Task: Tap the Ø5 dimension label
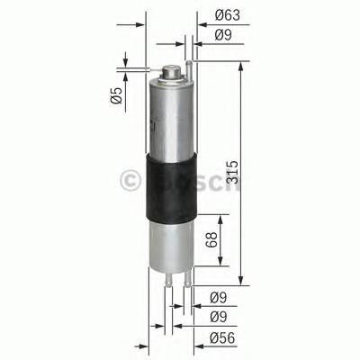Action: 116,97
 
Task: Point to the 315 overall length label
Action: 232,170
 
